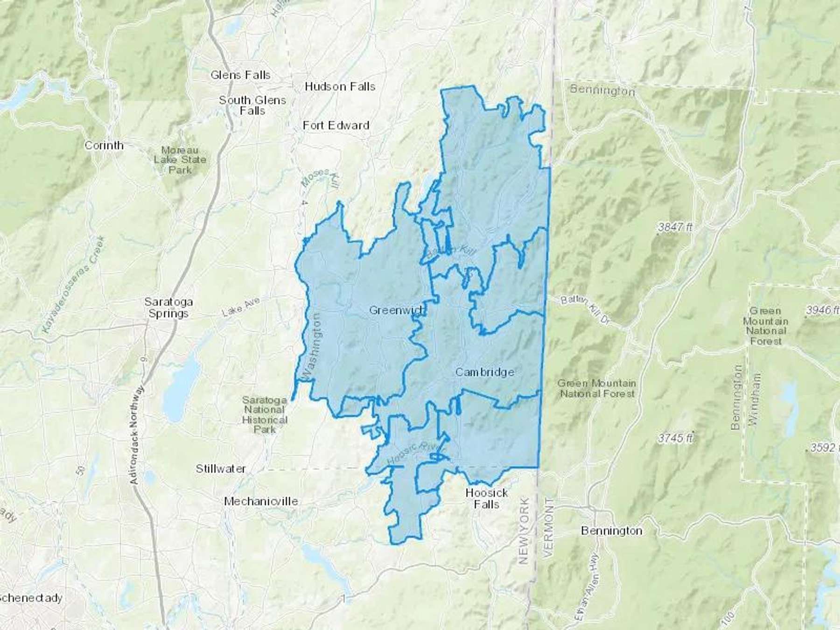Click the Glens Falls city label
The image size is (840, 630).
click(240, 75)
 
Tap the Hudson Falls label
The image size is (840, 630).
click(340, 86)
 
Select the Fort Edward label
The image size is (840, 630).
click(336, 125)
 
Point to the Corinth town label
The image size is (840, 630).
click(104, 145)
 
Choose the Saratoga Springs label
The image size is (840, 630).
click(168, 308)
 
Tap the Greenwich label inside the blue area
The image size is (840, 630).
click(397, 310)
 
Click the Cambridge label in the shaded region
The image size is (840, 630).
click(484, 372)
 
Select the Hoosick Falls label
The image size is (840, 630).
click(486, 498)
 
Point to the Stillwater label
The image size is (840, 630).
click(221, 469)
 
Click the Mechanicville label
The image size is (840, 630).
click(261, 501)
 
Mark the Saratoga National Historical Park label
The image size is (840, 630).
click(264, 414)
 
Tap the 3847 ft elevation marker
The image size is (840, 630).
click(675, 227)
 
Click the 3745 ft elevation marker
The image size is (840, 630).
click(675, 438)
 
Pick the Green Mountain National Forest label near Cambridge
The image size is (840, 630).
click(597, 388)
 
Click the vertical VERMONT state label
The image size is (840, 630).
click(549, 526)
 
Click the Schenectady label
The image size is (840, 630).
click(30, 598)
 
